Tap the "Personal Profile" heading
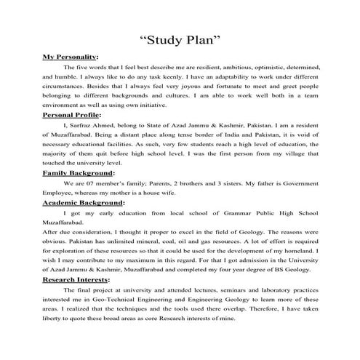coord(72,115)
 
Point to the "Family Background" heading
coord(79,174)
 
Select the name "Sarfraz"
coord(81,125)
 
